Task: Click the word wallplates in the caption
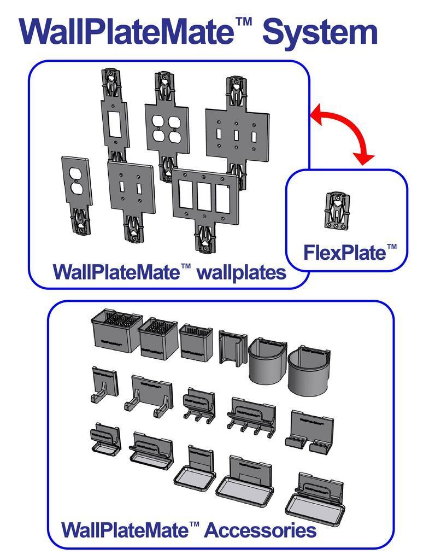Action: [x=241, y=272]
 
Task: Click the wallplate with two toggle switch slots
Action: [x=131, y=189]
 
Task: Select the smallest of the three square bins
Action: [x=196, y=342]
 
